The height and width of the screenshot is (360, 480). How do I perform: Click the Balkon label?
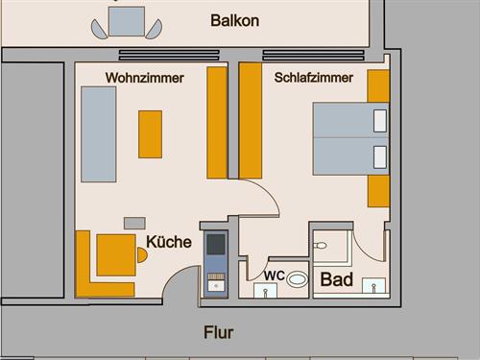[234, 20]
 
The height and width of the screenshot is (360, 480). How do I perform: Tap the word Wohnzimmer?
[144, 77]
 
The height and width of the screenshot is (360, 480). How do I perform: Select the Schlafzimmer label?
[313, 77]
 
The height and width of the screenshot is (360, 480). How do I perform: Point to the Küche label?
[169, 242]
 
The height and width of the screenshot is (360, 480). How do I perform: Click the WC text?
[274, 276]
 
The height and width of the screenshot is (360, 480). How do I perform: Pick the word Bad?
[337, 280]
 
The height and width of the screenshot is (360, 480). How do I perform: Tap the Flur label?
[219, 333]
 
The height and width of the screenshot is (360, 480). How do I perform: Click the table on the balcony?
[127, 19]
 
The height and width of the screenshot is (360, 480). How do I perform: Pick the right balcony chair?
[153, 29]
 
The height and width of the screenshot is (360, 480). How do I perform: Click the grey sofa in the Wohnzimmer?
[99, 134]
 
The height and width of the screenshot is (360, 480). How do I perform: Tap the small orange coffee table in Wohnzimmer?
[150, 133]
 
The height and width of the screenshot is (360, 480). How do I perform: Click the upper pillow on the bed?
[379, 121]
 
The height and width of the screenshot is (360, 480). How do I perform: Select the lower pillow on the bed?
[379, 156]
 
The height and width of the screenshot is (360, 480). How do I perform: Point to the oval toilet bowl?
[299, 280]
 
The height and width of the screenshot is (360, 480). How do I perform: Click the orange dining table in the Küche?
[116, 254]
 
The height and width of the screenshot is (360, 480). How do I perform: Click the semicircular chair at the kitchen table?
[141, 255]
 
